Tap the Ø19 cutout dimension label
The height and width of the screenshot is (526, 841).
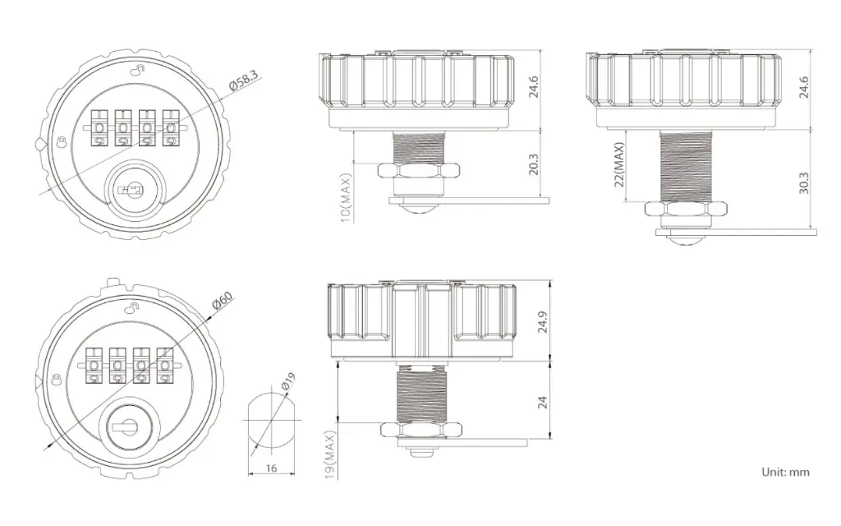(x=287, y=384)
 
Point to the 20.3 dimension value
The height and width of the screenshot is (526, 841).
(x=533, y=164)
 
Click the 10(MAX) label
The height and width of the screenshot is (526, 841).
(x=346, y=197)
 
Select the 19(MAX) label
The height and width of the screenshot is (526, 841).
(x=331, y=456)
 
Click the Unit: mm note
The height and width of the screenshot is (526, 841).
(x=785, y=472)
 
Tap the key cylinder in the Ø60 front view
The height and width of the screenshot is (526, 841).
(x=127, y=427)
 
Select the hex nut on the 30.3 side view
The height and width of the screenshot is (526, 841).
(x=686, y=211)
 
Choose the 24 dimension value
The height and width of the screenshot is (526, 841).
(x=542, y=403)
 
